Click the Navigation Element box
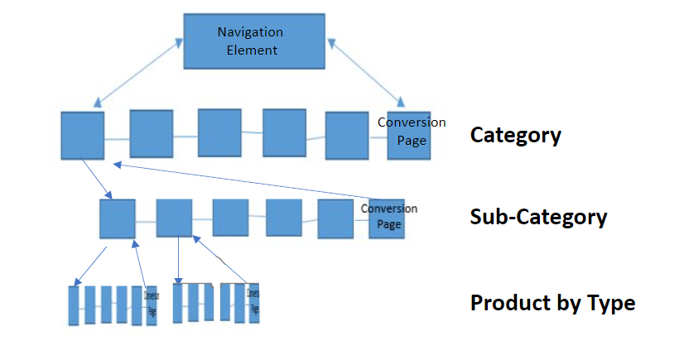click(x=253, y=41)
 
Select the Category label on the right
click(x=515, y=135)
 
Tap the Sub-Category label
click(x=538, y=217)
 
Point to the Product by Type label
click(x=552, y=303)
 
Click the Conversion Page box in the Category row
click(x=409, y=135)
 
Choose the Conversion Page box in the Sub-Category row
click(x=387, y=218)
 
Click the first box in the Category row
click(x=83, y=136)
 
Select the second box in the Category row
click(x=152, y=133)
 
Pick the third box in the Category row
click(x=219, y=132)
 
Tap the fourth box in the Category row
click(x=285, y=132)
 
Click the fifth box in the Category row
click(x=346, y=135)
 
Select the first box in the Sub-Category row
click(x=118, y=218)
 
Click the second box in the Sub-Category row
click(x=174, y=218)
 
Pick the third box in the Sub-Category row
click(x=230, y=218)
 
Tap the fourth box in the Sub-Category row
click(x=284, y=218)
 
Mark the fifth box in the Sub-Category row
click(x=335, y=218)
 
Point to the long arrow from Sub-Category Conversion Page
click(x=248, y=180)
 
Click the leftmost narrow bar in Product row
click(x=75, y=305)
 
